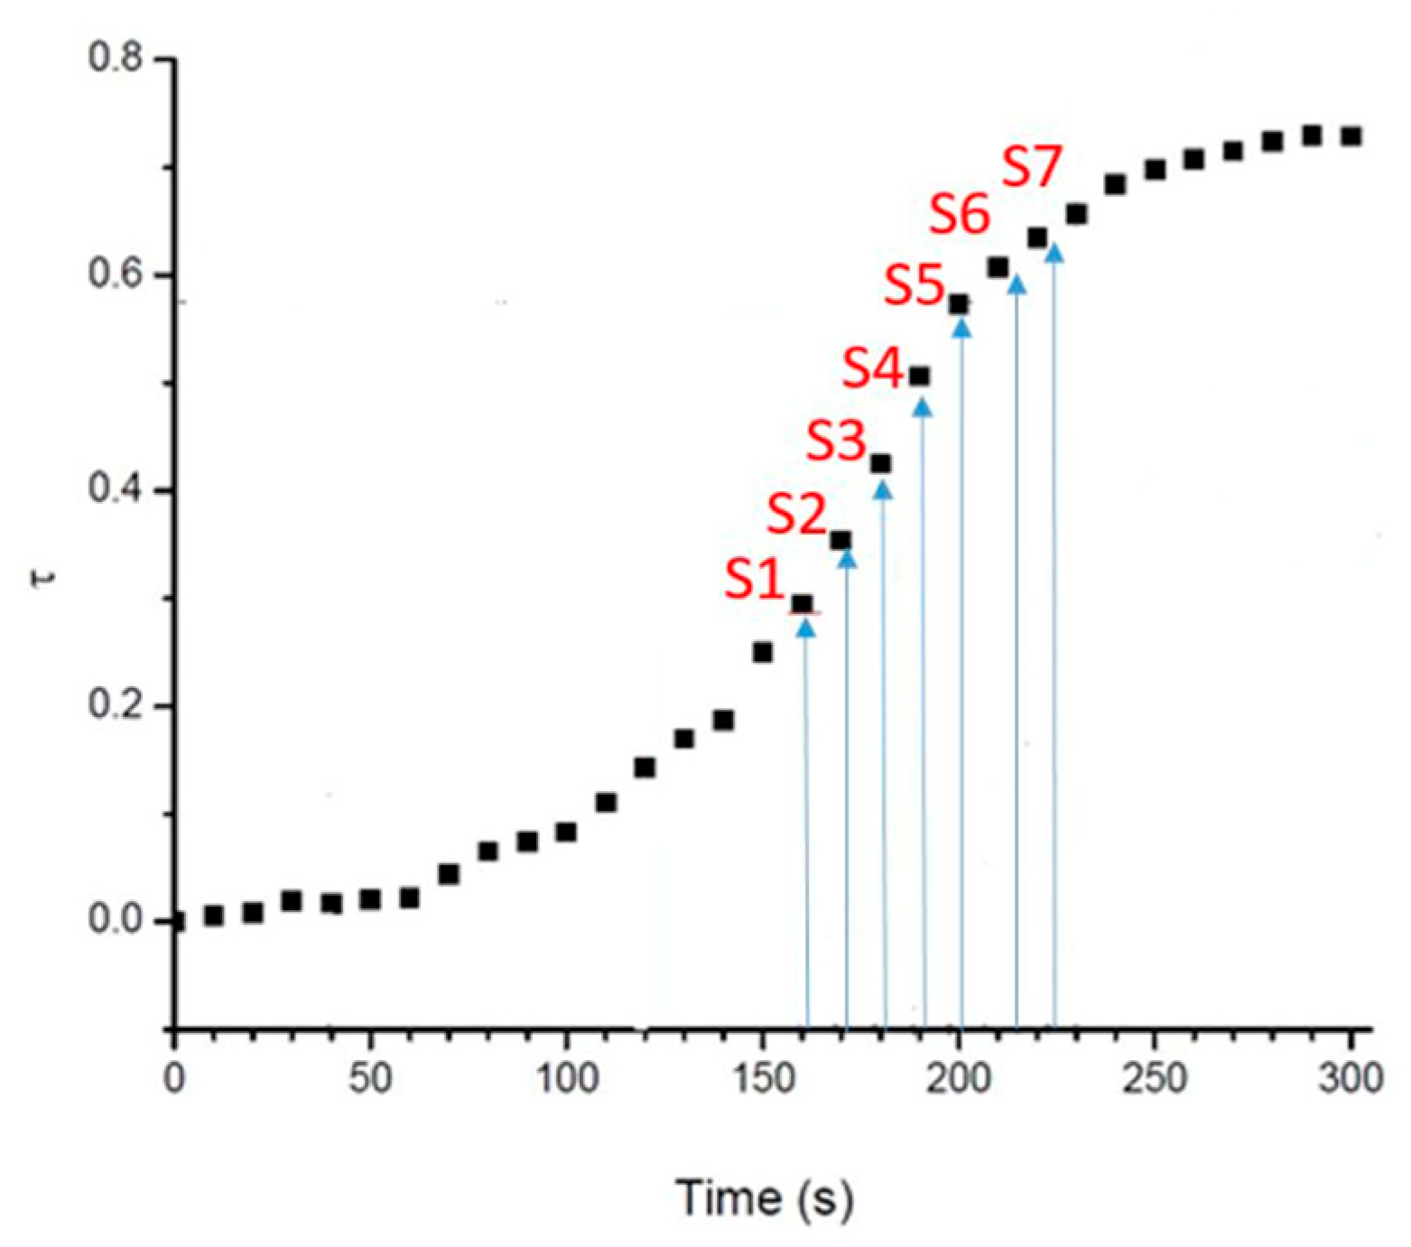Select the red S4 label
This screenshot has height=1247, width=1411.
[x=873, y=369]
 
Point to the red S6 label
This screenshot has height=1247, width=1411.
[x=960, y=216]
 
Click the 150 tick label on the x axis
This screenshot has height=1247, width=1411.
[x=763, y=1078]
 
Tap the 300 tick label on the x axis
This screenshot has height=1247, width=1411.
[x=1351, y=1078]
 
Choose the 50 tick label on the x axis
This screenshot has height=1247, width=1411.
[x=370, y=1078]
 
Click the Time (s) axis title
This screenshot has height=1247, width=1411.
[x=765, y=1198]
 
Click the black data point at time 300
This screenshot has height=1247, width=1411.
[x=1351, y=136]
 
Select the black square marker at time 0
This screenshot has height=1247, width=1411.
[x=176, y=922]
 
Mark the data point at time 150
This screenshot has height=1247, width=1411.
[x=763, y=652]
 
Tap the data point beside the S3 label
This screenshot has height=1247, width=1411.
[x=881, y=464]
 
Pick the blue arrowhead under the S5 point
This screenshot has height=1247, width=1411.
[x=962, y=328]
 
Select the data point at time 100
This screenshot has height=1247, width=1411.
[x=567, y=832]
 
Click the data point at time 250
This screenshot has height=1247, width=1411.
[x=1155, y=170]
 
